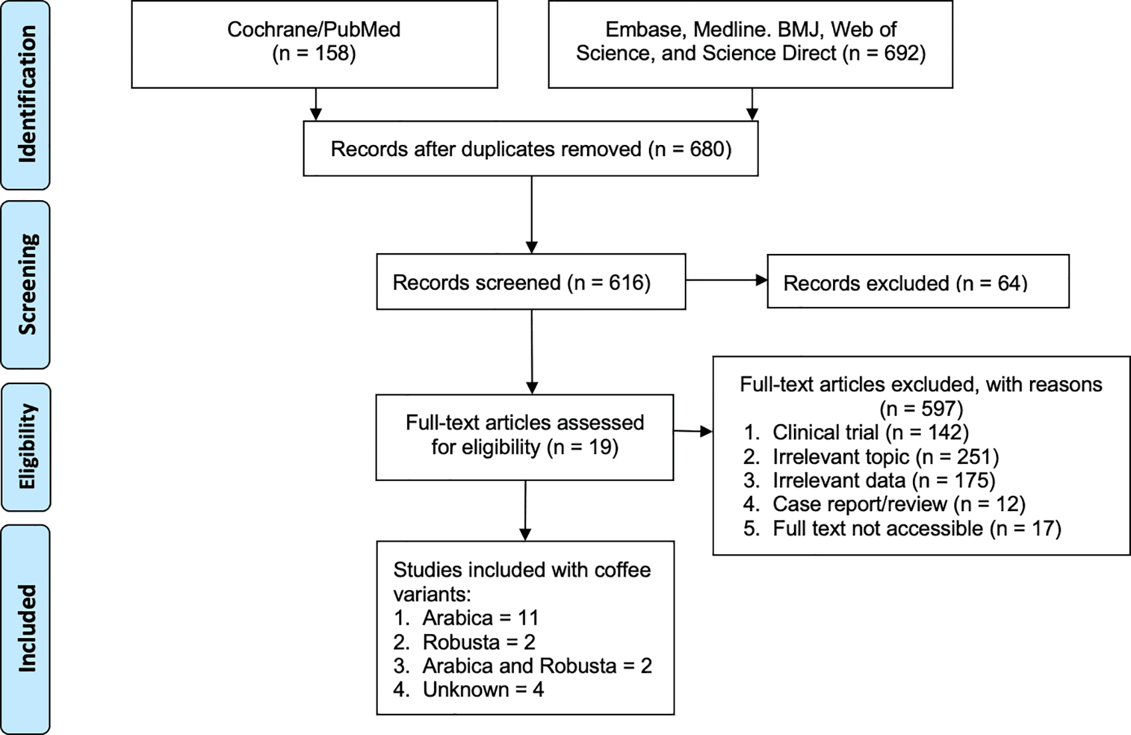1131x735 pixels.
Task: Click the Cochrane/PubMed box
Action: point(314,44)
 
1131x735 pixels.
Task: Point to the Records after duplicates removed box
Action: point(531,148)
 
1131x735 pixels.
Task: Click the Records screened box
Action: point(531,282)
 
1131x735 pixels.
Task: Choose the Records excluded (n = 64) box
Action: point(918,282)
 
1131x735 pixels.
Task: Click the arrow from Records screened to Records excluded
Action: point(727,280)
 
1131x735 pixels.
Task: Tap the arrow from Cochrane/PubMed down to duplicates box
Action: point(316,104)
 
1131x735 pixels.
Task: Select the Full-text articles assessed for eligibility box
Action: point(525,437)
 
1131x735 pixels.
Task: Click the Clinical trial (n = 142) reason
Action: point(856,433)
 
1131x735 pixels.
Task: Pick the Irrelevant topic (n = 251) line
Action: point(871,457)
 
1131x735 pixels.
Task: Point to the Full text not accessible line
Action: point(902,528)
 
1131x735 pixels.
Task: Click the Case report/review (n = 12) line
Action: point(884,504)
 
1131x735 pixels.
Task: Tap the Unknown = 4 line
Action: point(469,690)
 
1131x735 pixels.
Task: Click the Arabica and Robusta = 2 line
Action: point(523,666)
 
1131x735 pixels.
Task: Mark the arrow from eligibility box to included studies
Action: point(525,511)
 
